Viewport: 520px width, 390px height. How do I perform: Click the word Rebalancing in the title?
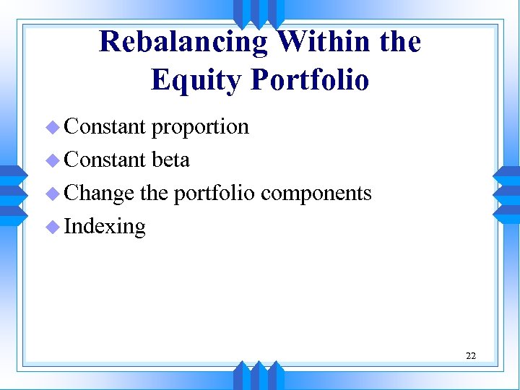coord(184,43)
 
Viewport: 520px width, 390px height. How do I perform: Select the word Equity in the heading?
coord(196,80)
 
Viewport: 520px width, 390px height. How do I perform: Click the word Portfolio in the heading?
coord(309,80)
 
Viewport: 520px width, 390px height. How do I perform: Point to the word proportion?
coord(200,127)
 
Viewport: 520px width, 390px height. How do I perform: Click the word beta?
coord(170,160)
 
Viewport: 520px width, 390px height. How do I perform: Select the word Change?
coord(99,194)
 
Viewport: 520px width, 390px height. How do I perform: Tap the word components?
coord(316,194)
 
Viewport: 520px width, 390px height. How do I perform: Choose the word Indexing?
coord(105,227)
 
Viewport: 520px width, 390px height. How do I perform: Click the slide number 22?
coord(471,355)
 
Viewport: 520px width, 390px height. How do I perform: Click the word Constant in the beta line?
coord(105,160)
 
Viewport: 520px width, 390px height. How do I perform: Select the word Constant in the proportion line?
coord(105,126)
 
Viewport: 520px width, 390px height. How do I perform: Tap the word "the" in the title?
coord(399,43)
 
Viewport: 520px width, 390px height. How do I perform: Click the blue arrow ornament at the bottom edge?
coord(259,374)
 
